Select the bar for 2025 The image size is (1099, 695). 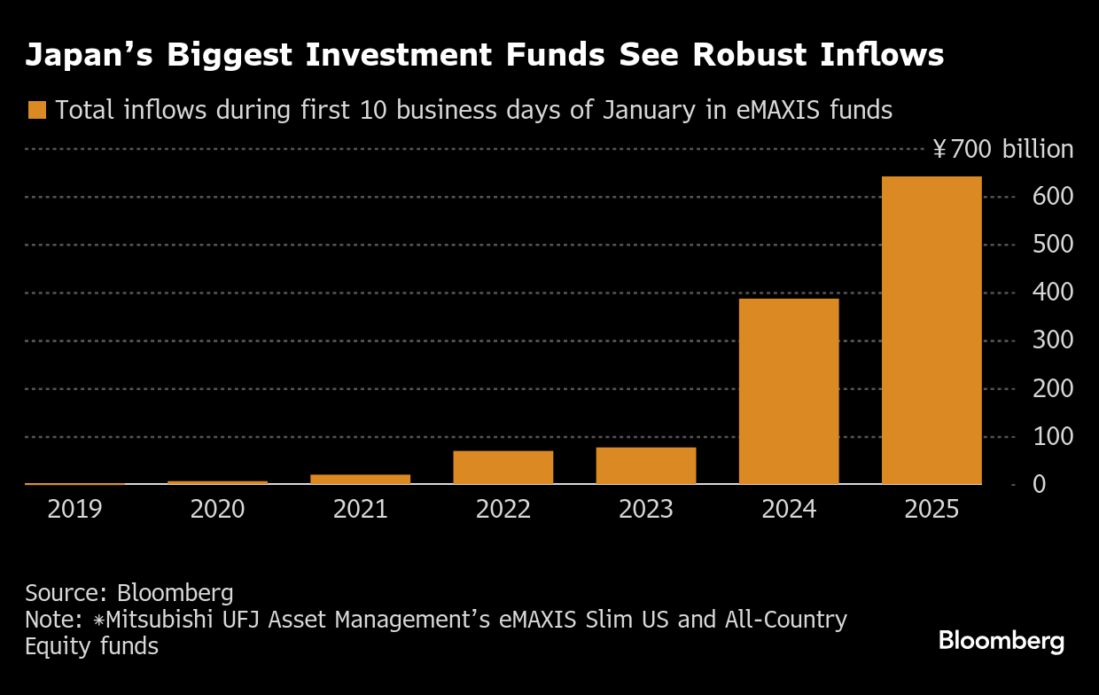[x=931, y=330]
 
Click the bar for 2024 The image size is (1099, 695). [x=789, y=391]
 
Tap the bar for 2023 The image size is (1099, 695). [x=646, y=465]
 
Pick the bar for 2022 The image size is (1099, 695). [x=503, y=467]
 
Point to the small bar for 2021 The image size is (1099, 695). [x=361, y=479]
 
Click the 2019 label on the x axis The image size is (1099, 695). [x=75, y=510]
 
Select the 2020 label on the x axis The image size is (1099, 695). [x=218, y=510]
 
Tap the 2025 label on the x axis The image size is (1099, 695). [x=931, y=510]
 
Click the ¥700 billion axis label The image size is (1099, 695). [x=1002, y=149]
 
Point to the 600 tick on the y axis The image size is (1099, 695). [x=1054, y=197]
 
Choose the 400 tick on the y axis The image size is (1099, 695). [x=1054, y=293]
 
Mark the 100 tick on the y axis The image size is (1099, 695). [x=1054, y=437]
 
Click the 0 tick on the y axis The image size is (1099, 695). [x=1063, y=485]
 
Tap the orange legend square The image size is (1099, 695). [x=36, y=110]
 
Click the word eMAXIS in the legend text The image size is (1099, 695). [x=773, y=110]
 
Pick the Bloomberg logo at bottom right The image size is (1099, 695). [x=1002, y=640]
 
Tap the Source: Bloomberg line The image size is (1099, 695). [x=129, y=592]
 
